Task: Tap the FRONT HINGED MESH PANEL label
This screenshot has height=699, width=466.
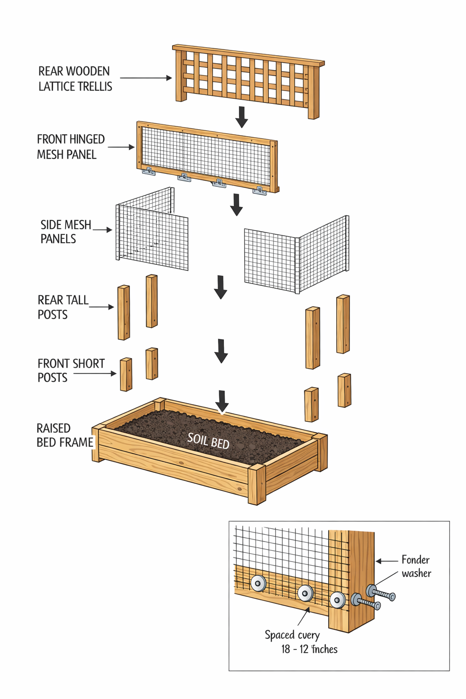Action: coord(71,147)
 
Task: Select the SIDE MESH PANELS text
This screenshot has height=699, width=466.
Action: coord(66,232)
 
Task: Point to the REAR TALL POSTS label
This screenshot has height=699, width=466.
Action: coord(63,307)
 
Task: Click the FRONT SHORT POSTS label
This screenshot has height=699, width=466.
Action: coord(71,370)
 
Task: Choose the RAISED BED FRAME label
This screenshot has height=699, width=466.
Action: coord(65,435)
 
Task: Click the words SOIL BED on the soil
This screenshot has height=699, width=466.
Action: coord(208,441)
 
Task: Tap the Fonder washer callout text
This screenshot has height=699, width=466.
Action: coord(416,567)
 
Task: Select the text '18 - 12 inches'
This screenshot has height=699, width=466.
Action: coord(309,649)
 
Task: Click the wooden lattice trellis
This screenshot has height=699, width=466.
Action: coord(248,80)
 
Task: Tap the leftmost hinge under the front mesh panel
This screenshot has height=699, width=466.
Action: coord(148,172)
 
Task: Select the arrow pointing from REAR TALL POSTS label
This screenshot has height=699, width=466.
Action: coord(101,307)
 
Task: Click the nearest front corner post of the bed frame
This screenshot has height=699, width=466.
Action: coord(257,484)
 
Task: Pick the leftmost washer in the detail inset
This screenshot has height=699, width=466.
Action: coord(258,583)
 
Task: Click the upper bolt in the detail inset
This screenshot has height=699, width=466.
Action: coord(382,593)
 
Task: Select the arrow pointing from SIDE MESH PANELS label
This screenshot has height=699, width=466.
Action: coord(103,230)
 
